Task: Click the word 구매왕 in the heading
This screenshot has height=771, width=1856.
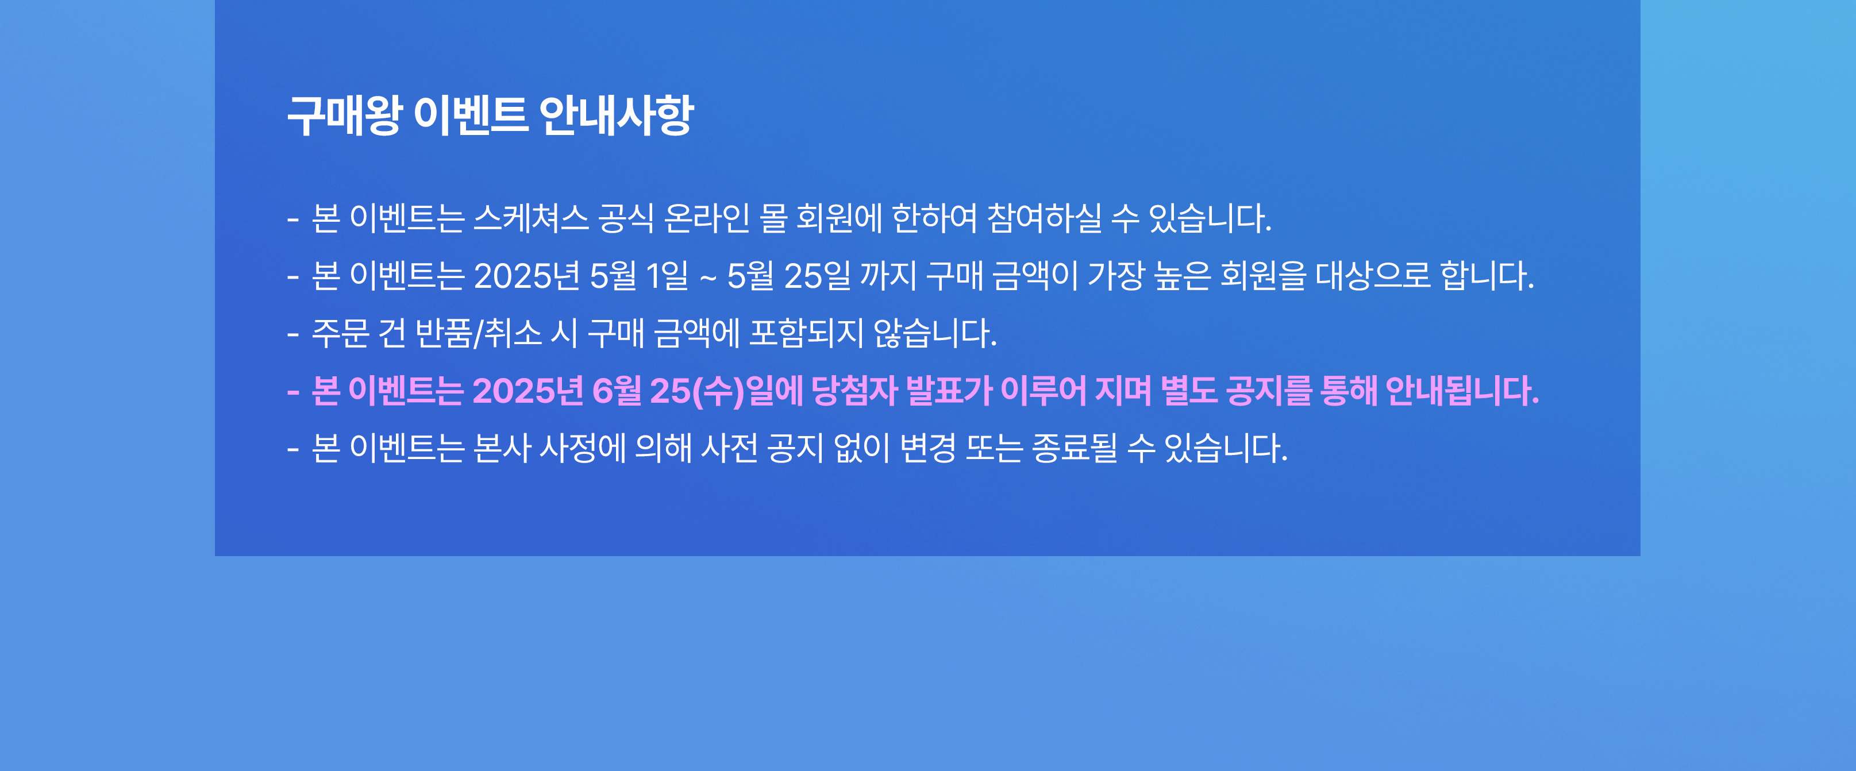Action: coord(344,115)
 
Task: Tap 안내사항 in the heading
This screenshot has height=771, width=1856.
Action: coord(615,115)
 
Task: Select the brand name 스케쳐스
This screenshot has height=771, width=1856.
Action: coord(531,218)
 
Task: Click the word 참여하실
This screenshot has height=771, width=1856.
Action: coord(1044,218)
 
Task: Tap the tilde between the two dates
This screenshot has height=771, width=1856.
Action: coord(707,277)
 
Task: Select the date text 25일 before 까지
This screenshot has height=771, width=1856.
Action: coord(817,275)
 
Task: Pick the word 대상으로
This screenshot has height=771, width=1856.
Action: coord(1373,275)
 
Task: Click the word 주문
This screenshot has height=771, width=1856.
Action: coord(340,333)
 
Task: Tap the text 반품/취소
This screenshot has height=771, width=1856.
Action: coord(479,333)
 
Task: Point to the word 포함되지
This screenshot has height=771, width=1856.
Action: coord(806,333)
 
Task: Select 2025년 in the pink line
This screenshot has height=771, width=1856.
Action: coord(527,391)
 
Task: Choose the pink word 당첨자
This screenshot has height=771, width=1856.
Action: coord(854,391)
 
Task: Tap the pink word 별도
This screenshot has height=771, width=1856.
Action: coord(1189,391)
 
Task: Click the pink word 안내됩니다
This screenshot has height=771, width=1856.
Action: coord(1462,391)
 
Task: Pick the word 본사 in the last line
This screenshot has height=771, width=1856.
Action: coord(502,448)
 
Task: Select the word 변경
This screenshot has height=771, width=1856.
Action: coord(928,448)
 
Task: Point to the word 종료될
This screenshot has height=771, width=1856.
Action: coord(1075,448)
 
